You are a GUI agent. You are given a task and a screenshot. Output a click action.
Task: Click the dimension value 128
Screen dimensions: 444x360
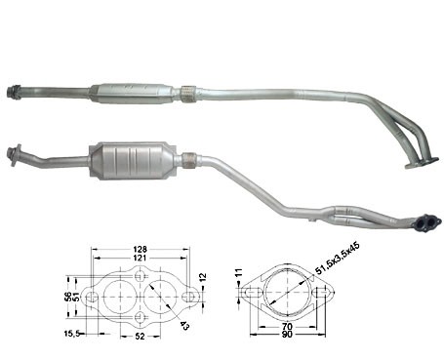coord(140,250)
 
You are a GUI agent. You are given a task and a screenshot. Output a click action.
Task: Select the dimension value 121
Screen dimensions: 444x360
coord(140,258)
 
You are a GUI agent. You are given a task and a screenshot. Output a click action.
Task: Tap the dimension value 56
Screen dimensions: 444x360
coord(67,297)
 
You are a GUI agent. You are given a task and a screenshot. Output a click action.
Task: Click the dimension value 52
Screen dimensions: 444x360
coord(140,337)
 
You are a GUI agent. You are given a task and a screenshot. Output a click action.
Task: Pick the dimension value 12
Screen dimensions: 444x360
coord(202,277)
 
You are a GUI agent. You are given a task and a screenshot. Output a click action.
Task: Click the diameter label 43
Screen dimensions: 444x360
coord(184,325)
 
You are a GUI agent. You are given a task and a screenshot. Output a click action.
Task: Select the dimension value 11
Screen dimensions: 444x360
coord(239,272)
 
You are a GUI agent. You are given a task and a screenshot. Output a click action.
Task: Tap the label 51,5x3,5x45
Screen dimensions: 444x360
coord(333,258)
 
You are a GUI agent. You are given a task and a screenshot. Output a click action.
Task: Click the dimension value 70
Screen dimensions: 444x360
coord(288,326)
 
